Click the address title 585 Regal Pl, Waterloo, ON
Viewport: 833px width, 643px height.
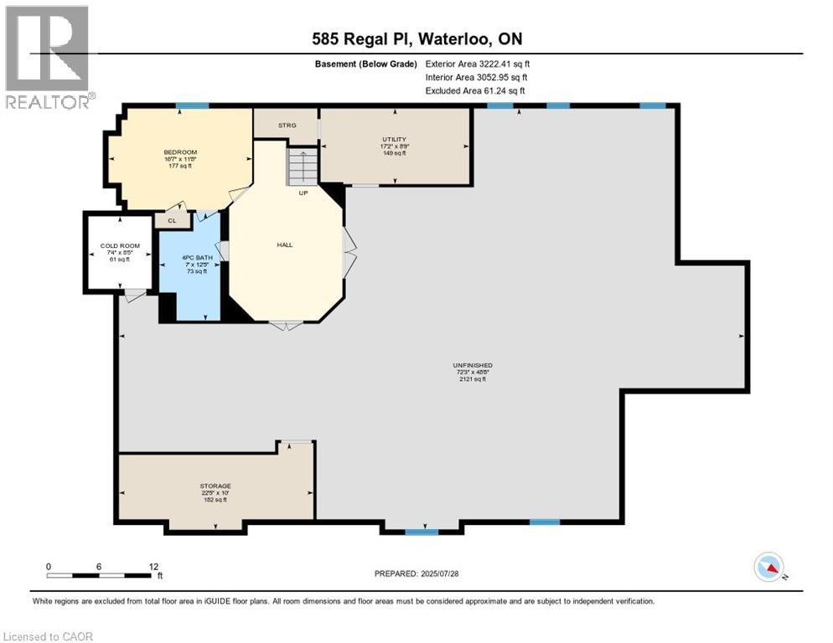click(416, 39)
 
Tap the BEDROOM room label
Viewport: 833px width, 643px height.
click(180, 152)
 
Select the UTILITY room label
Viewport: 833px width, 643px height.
click(393, 140)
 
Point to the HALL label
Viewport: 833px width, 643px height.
click(285, 245)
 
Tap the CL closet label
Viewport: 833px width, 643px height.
click(172, 221)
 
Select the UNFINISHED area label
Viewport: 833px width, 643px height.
click(473, 366)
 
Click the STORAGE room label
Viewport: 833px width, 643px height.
click(215, 486)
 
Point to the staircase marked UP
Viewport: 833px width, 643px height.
click(303, 167)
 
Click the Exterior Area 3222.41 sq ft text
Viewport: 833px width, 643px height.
click(478, 64)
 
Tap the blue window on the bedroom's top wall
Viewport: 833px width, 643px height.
click(192, 105)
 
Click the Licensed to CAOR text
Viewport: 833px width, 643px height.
click(48, 636)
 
